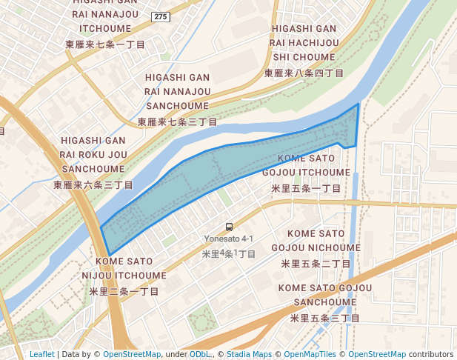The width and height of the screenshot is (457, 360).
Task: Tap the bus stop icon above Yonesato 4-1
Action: pyautogui.click(x=229, y=227)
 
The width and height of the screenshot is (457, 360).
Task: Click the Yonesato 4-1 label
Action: pyautogui.click(x=229, y=239)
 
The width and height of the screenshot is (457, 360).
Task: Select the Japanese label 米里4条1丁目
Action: pyautogui.click(x=229, y=253)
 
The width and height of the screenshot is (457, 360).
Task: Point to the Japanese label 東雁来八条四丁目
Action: pyautogui.click(x=304, y=73)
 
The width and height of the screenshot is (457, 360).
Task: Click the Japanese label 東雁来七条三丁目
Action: pyautogui.click(x=177, y=121)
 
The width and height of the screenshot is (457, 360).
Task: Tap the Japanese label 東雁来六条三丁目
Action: pyautogui.click(x=93, y=184)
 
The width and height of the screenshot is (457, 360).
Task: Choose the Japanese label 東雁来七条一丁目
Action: pyautogui.click(x=105, y=44)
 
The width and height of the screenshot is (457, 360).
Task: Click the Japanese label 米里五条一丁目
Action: pyautogui.click(x=306, y=188)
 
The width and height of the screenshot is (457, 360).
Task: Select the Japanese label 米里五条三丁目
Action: pyautogui.click(x=324, y=318)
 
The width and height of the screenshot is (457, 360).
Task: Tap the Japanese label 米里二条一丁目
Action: pyautogui.click(x=124, y=291)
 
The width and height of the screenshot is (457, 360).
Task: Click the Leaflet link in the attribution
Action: pyautogui.click(x=41, y=354)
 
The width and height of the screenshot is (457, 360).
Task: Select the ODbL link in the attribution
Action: pyautogui.click(x=200, y=354)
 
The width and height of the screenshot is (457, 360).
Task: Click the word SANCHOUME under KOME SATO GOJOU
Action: pyautogui.click(x=324, y=302)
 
